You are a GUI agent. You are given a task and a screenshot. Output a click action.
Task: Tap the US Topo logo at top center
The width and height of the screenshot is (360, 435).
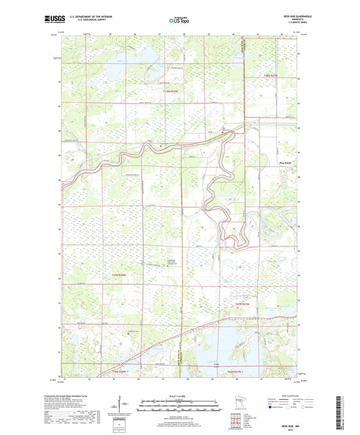178,21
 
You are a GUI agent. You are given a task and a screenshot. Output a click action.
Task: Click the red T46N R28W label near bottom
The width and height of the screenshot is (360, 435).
121,370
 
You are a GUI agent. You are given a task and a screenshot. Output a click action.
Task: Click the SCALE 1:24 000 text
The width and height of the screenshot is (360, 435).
179,394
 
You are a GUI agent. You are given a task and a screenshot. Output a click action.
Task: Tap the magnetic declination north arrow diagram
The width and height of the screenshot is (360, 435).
124,405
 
